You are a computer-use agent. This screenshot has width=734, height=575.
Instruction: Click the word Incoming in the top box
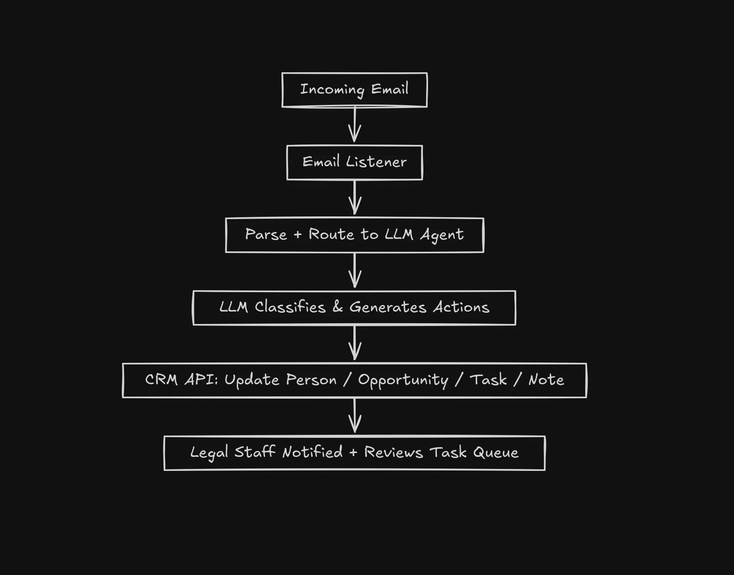pos(332,89)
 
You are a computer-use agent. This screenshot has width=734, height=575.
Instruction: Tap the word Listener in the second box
pos(376,162)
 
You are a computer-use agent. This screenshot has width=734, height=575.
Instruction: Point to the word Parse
pos(266,234)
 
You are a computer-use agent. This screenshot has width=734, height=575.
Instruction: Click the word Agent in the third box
pos(442,235)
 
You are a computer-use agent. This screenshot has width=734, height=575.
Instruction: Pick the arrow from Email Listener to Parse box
pos(355,198)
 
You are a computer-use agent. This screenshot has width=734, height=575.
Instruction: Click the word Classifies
pos(290,307)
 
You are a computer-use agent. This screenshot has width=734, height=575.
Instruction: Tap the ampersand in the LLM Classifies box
pos(337,307)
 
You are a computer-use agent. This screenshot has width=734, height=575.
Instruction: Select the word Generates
pos(388,307)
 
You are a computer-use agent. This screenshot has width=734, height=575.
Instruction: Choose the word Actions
pos(461,307)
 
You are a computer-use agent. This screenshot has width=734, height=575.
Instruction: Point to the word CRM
pos(161,380)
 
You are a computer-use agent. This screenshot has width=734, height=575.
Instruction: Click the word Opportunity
pos(403,380)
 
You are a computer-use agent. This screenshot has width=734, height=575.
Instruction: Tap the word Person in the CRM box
pos(311,380)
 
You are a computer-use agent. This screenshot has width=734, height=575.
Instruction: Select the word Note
pos(546,380)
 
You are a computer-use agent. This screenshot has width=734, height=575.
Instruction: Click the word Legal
pos(209,453)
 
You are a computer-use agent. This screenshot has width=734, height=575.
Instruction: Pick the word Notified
pos(312,452)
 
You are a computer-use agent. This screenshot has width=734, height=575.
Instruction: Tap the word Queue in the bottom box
pos(496,453)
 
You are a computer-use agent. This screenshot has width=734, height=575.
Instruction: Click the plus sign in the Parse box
pos(297,235)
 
